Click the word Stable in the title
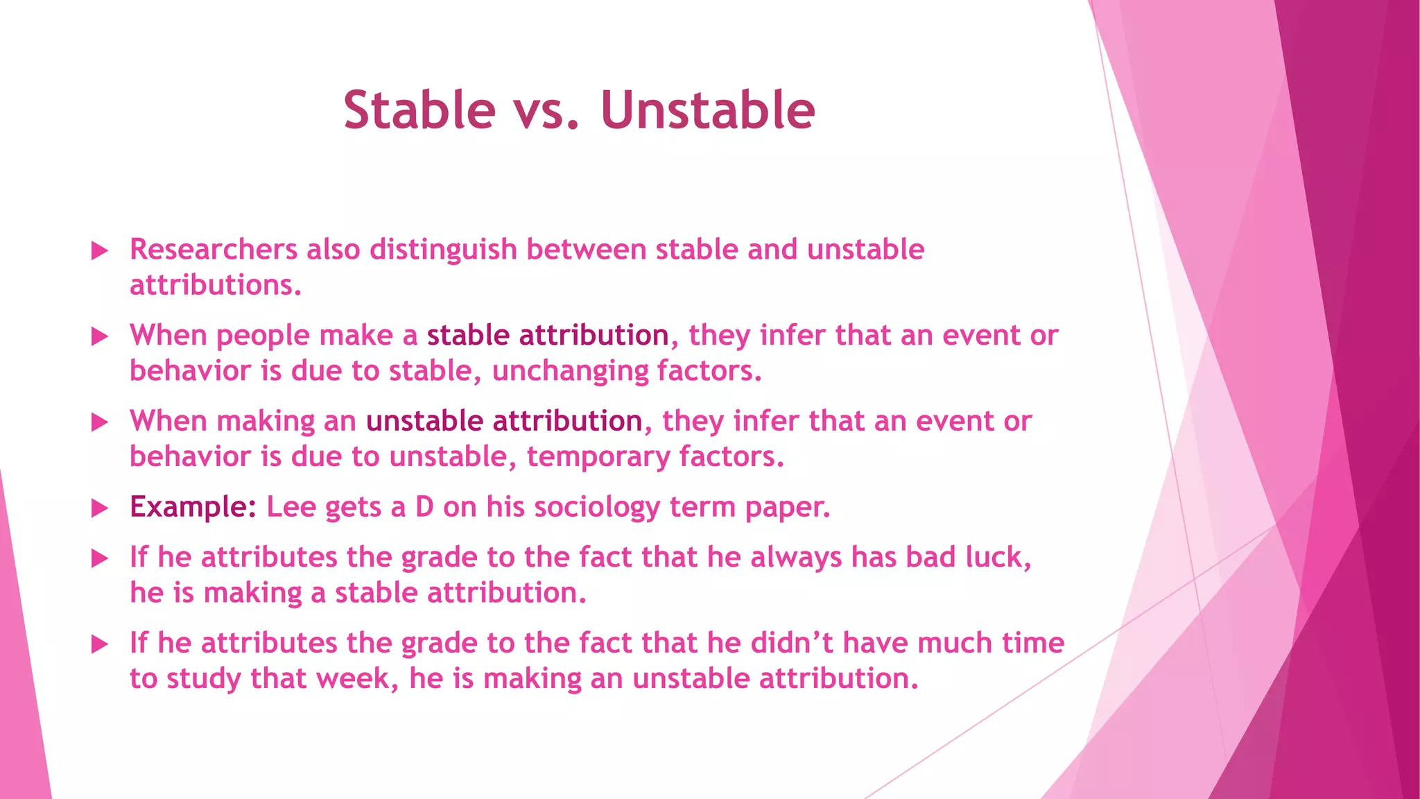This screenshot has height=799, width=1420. tap(419, 110)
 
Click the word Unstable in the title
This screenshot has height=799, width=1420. tap(707, 110)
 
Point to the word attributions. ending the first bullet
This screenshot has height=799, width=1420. tap(216, 286)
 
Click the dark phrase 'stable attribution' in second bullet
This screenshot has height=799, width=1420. tap(547, 336)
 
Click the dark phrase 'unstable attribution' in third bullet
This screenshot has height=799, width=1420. tap(504, 422)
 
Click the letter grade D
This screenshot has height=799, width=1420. tap(424, 508)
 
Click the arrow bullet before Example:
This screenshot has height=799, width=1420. tap(100, 508)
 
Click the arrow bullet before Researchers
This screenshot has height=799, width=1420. tap(100, 250)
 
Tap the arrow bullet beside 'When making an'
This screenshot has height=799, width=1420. tap(100, 422)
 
